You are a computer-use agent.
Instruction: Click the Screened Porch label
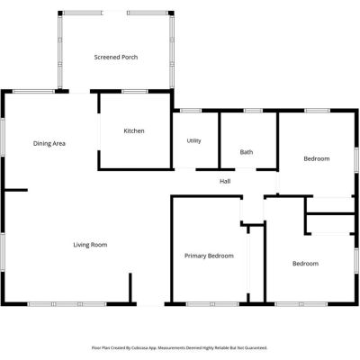(116, 57)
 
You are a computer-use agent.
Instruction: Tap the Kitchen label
(134, 130)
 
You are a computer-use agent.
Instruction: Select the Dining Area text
(49, 143)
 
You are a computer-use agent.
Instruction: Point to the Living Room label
(90, 245)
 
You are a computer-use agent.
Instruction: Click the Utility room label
(193, 140)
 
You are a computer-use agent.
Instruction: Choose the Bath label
(247, 152)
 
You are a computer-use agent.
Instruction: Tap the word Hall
(225, 181)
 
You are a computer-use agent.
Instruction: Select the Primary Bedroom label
(209, 256)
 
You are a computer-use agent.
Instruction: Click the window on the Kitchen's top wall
(135, 91)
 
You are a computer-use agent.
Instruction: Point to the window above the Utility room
(191, 111)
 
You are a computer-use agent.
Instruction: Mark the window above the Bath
(253, 111)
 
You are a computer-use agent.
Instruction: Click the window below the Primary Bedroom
(212, 304)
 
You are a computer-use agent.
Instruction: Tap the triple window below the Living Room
(67, 304)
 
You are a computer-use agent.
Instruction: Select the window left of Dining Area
(3, 137)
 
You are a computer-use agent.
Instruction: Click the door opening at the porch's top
(114, 13)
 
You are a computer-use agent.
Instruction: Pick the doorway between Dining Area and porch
(79, 92)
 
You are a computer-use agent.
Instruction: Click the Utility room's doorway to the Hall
(184, 169)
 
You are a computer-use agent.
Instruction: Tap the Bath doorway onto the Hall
(246, 169)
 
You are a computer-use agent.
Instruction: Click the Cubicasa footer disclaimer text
(179, 348)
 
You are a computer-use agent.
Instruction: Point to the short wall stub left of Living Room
(16, 190)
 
